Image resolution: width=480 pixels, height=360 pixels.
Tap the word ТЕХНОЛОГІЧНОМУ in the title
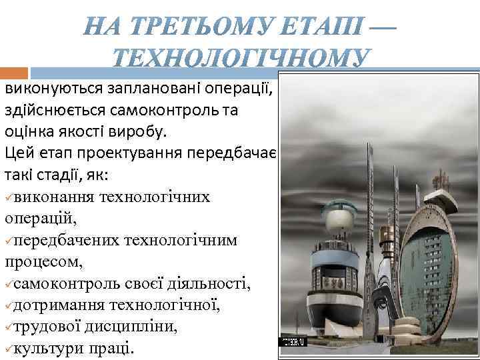click(241, 58)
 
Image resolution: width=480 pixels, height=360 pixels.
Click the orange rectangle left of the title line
click(14, 73)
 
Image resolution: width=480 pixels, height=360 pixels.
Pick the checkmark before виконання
click(8, 197)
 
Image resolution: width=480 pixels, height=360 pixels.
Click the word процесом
click(43, 261)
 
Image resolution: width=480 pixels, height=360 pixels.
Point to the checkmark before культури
click(8, 347)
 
